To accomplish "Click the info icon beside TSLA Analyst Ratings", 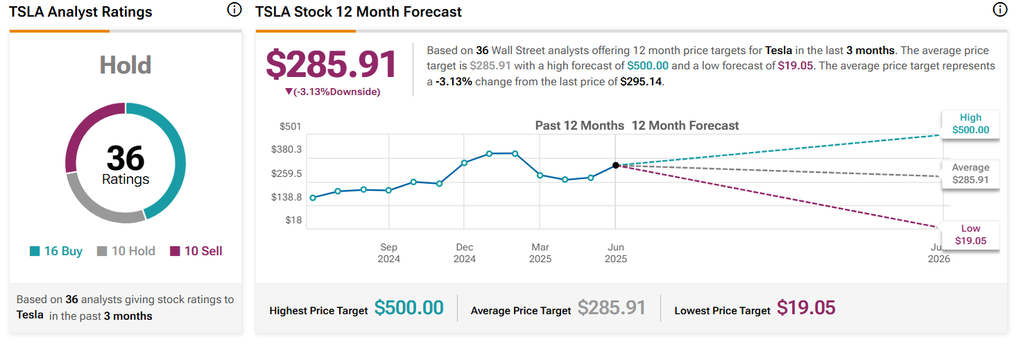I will click(234, 10).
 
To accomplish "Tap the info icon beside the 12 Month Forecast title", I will click(999, 10).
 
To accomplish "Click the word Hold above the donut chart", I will click(126, 65).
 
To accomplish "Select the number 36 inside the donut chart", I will click(126, 158).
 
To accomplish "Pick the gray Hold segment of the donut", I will click(104, 208).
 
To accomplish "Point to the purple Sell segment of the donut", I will click(83, 132).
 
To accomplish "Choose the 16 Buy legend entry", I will click(56, 251).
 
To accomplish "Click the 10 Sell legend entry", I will click(196, 251).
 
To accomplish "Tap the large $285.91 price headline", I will click(332, 65).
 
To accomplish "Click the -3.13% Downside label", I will click(333, 92).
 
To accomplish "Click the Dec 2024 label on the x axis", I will click(465, 252).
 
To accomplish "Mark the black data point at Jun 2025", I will click(616, 165).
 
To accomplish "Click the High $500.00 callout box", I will click(970, 124).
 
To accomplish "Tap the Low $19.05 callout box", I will click(970, 234).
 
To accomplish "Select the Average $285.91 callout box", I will click(970, 174).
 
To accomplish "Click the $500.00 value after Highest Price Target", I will click(409, 308).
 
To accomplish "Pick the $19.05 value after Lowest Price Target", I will click(806, 308).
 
